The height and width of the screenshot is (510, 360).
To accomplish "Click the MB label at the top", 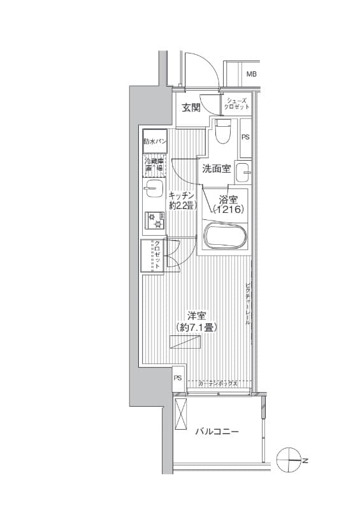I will pos(252,75).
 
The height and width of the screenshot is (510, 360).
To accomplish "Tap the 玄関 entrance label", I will pos(191,108).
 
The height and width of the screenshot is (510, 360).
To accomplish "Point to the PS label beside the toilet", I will pos(245,136).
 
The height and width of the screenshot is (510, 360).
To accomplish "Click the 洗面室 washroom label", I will pos(216,169).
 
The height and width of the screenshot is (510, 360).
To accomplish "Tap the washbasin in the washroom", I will pos(242,172).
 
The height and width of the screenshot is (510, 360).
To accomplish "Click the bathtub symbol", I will pos(224,236).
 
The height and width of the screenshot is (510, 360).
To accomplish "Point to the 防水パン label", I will pos(155,141).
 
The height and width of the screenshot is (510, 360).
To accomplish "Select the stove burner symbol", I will pos(154,220).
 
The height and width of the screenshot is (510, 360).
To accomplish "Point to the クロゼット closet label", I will pos(155,256).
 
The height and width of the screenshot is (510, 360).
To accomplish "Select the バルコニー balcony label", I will pos(217,432).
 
